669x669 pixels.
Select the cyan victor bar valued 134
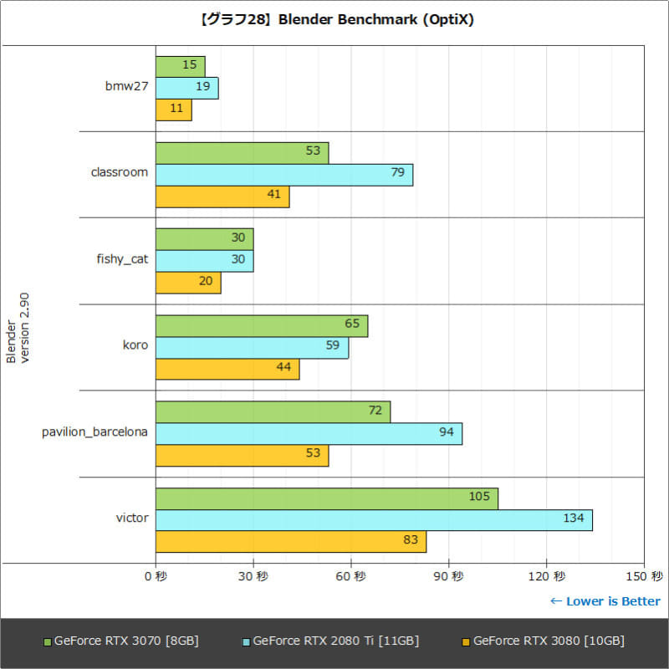374,519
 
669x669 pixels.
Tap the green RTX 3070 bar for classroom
242,153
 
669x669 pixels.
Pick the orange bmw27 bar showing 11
173,110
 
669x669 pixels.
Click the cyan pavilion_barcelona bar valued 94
309,433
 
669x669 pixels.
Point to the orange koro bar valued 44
227,369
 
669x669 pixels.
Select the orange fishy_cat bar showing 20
188,283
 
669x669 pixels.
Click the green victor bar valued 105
326,498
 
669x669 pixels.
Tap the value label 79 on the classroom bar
397,173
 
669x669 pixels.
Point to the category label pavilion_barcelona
95,432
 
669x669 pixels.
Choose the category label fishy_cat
122,259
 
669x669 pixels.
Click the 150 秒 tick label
644,576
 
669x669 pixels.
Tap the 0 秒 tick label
156,576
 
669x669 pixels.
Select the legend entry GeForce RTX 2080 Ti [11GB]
335,641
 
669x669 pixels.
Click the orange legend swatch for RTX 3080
465,642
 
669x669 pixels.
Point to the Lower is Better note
605,601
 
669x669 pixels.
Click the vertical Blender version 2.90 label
18,328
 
